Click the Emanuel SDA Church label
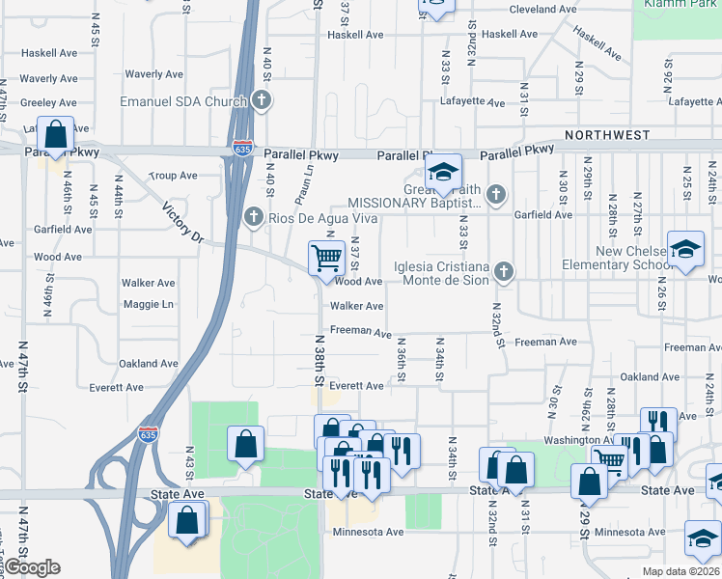coord(183,100)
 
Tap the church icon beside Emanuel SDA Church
coord(261,99)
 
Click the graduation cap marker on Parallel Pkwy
coord(443,173)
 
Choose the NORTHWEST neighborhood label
coord(608,135)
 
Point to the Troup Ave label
coord(174,176)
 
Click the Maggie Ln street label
coord(148,305)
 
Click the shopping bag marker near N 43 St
coord(245,446)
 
